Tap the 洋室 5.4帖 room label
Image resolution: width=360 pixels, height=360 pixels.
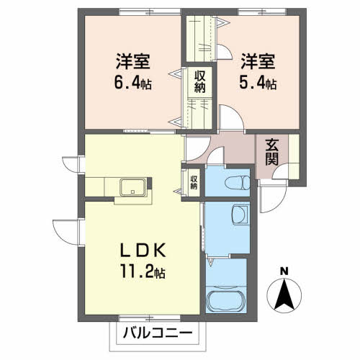pyautogui.click(x=257, y=71)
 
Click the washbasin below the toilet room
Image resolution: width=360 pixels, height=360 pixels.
pyautogui.click(x=240, y=215)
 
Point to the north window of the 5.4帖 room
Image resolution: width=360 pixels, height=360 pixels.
pyautogui.click(x=253, y=12)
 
